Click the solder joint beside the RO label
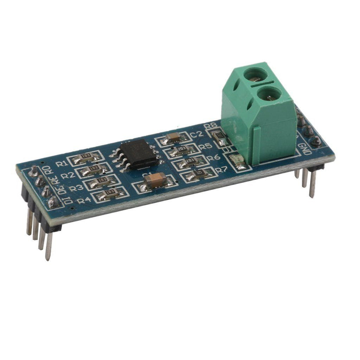pyautogui.click(x=34, y=173)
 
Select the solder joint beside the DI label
pyautogui.click(x=52, y=202)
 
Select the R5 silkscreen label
pyautogui.click(x=205, y=147)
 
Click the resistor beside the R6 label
pyautogui.click(x=190, y=162)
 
